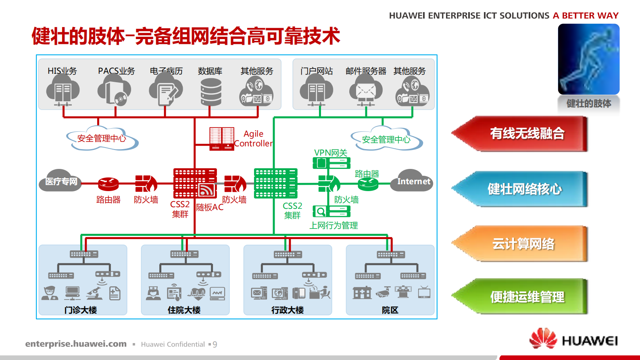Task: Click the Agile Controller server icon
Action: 221,139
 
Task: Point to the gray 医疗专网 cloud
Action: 60,181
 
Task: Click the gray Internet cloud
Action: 412,181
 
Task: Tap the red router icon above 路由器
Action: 108,184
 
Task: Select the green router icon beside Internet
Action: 368,184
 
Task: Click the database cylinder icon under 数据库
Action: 211,92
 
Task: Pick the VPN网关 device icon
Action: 331,163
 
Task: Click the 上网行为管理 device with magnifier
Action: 331,211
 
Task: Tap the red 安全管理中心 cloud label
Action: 102,139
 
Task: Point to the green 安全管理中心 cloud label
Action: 386,140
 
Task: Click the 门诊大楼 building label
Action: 81,310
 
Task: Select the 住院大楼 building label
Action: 184,310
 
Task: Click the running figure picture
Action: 588,59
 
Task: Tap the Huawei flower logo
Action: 543,338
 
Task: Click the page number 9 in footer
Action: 215,344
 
